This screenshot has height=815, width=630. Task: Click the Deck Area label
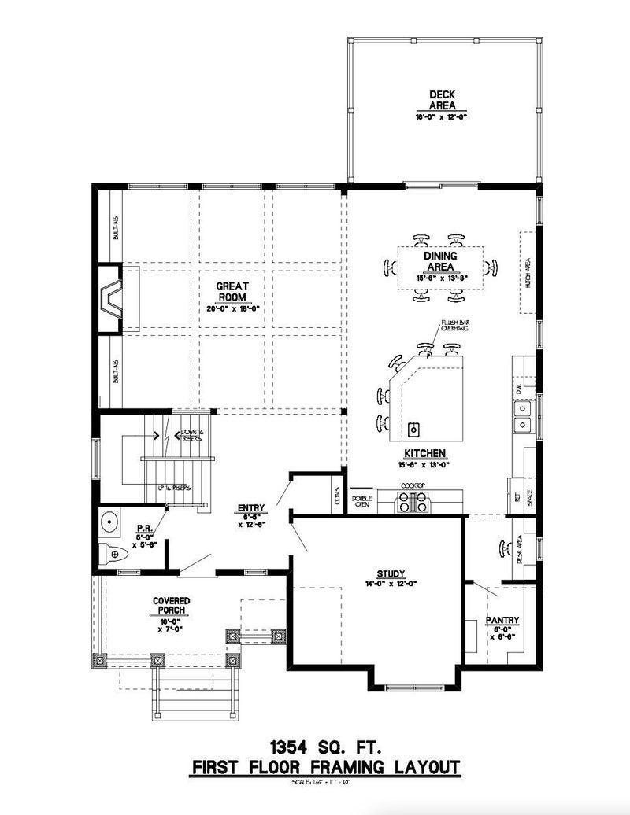point(442,101)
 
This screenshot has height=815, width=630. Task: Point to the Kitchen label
point(425,454)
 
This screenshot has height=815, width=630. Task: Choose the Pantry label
point(502,621)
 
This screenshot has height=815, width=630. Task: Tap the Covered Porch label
point(172,606)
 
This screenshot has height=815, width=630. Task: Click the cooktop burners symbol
point(413,502)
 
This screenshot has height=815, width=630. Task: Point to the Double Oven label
point(362,501)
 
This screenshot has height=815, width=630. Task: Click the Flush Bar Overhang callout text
point(454,326)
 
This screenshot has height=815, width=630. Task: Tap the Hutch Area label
point(527,273)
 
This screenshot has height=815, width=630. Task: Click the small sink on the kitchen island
point(413,430)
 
